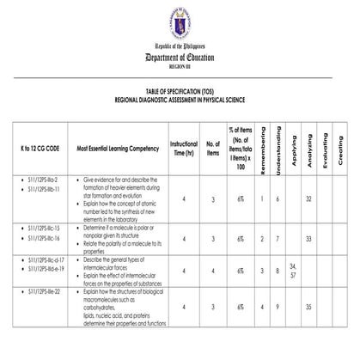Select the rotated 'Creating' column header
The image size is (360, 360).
(339, 148)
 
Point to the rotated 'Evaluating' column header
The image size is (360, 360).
(324, 148)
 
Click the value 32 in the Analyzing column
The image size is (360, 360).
(308, 198)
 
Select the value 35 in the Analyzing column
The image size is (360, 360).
(308, 307)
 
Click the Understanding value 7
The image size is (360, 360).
(278, 238)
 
